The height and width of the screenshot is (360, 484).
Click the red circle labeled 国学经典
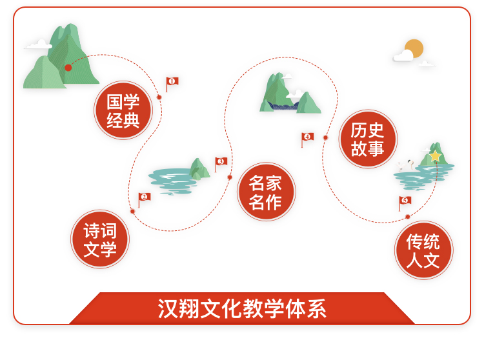pos(123,110)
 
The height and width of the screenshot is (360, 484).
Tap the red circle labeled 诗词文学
pos(100,239)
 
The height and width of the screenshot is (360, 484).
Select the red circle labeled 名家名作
pos(266,191)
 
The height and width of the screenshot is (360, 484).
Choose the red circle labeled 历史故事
pos(368,139)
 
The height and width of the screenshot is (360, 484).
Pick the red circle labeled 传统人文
pos(423,250)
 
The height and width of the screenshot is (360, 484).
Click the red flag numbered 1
pos(172,84)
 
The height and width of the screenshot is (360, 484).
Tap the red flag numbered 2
pos(144,199)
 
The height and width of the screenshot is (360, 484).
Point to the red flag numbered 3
pos(221,164)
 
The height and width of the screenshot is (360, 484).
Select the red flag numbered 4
pos(307,139)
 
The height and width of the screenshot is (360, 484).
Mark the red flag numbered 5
pos(405,203)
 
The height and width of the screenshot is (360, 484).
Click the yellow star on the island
pos(435,156)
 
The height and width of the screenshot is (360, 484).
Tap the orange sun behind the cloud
pos(414,48)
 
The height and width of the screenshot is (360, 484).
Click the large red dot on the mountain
pos(68,68)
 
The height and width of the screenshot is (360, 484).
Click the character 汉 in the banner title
pos(168,308)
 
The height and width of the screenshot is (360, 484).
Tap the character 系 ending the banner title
pos(316,308)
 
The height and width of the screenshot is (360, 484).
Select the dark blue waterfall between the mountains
pos(283,106)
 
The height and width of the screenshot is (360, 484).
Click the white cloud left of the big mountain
pos(38,45)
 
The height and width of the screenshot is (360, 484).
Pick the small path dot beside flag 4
pos(325,137)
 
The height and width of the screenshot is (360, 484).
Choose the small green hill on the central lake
pos(199,168)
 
